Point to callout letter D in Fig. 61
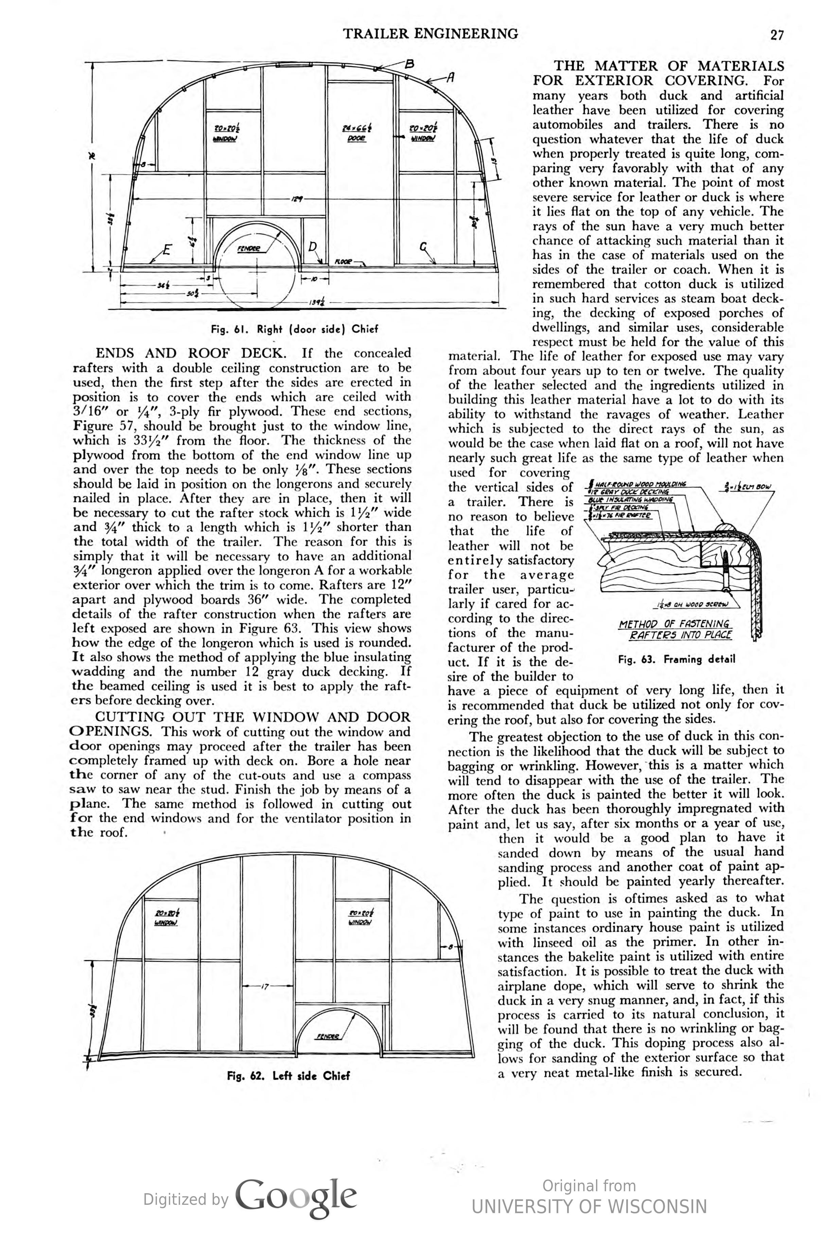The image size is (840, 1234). [312, 246]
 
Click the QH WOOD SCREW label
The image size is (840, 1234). [692, 604]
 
